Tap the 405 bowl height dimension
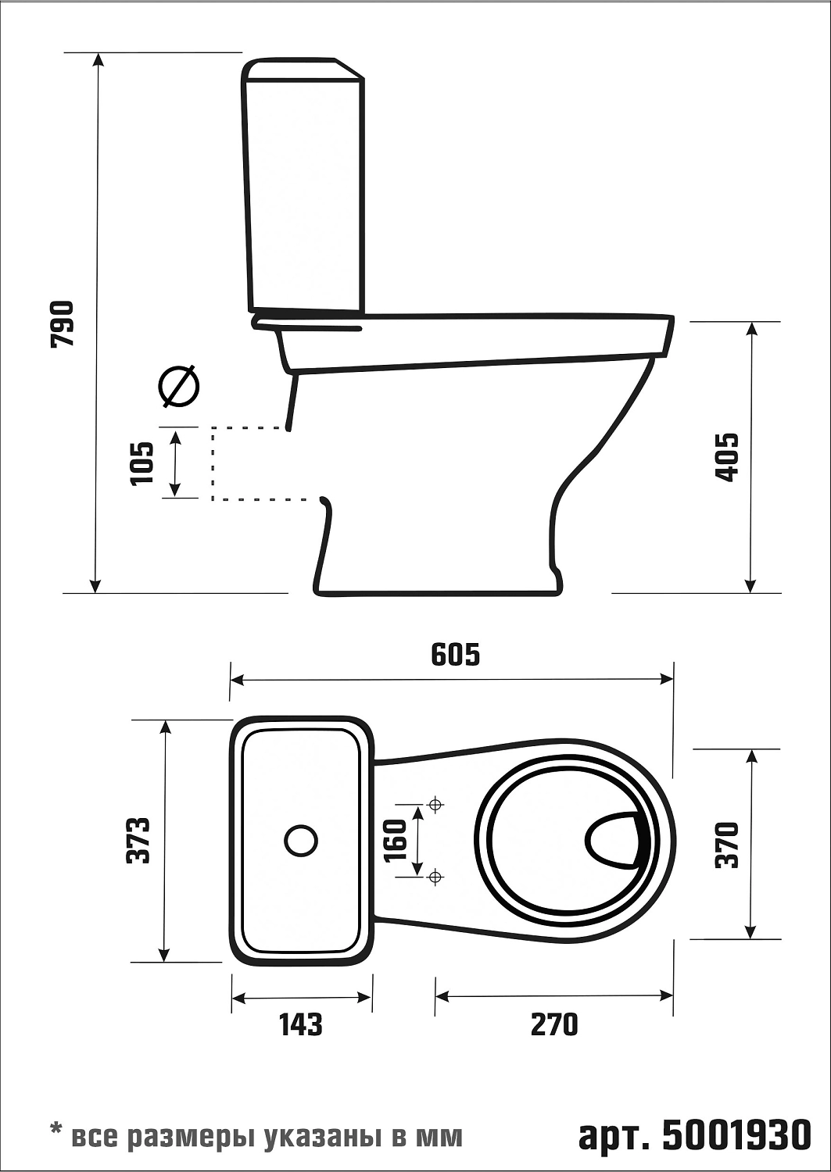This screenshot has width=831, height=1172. tap(726, 457)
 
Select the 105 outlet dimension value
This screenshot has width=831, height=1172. tap(143, 463)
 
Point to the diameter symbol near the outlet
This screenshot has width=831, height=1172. tap(179, 386)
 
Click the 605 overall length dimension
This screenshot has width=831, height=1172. tap(456, 655)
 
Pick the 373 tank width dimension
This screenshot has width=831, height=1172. tap(139, 840)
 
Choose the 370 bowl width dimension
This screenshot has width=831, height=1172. tap(727, 845)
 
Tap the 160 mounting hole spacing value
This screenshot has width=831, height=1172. tap(395, 840)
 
